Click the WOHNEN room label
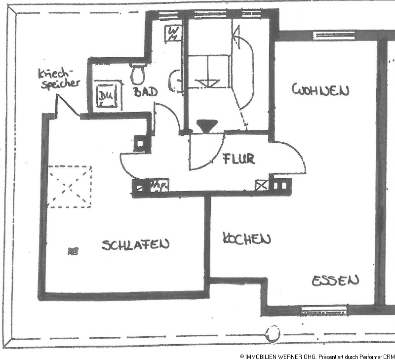tap(320, 90)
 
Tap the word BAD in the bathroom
tap(146, 92)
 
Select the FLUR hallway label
tap(238, 159)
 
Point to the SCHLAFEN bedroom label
tap(136, 244)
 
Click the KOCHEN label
tap(247, 239)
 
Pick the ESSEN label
tap(335, 280)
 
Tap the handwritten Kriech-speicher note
tap(59, 79)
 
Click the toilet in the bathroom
tap(137, 74)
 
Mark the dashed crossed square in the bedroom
tap(70, 187)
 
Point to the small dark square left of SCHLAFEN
tap(72, 251)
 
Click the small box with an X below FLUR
tap(261, 186)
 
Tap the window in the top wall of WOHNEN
tap(327, 36)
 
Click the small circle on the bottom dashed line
tap(272, 334)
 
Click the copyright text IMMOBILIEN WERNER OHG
tap(286, 356)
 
